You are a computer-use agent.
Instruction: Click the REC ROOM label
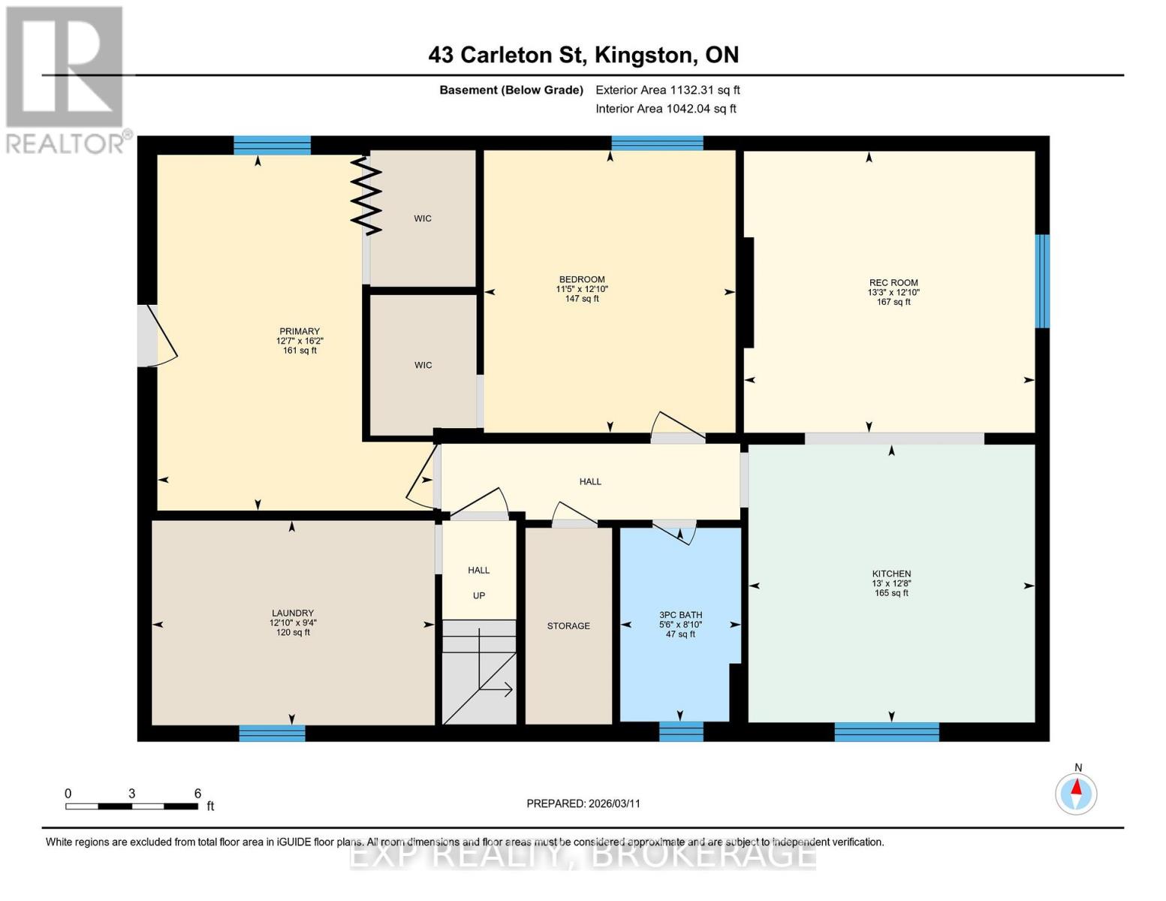893,283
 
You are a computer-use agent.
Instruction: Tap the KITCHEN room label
891,574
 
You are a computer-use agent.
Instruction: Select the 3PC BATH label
680,615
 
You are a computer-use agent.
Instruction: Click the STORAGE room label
568,625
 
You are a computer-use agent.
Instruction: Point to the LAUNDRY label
293,613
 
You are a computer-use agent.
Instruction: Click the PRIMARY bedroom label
300,331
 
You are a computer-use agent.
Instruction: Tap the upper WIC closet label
423,218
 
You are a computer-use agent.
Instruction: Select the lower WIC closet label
423,365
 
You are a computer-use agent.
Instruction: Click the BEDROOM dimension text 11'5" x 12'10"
582,289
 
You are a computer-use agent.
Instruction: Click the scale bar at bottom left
131,806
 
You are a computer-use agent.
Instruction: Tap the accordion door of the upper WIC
366,194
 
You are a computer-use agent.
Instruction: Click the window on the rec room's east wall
1042,281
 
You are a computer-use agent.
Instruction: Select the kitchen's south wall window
887,731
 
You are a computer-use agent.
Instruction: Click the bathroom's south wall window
681,731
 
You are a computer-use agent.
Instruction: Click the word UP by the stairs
479,595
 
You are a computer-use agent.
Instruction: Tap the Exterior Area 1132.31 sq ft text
667,90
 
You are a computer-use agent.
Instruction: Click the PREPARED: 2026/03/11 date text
583,803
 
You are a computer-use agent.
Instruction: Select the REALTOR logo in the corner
66,79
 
